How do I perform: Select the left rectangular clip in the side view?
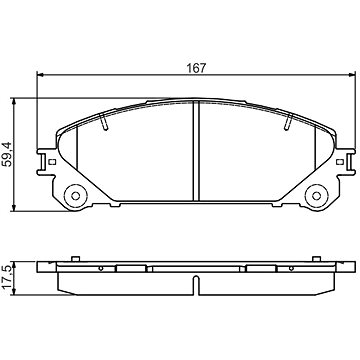pos(131,269)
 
